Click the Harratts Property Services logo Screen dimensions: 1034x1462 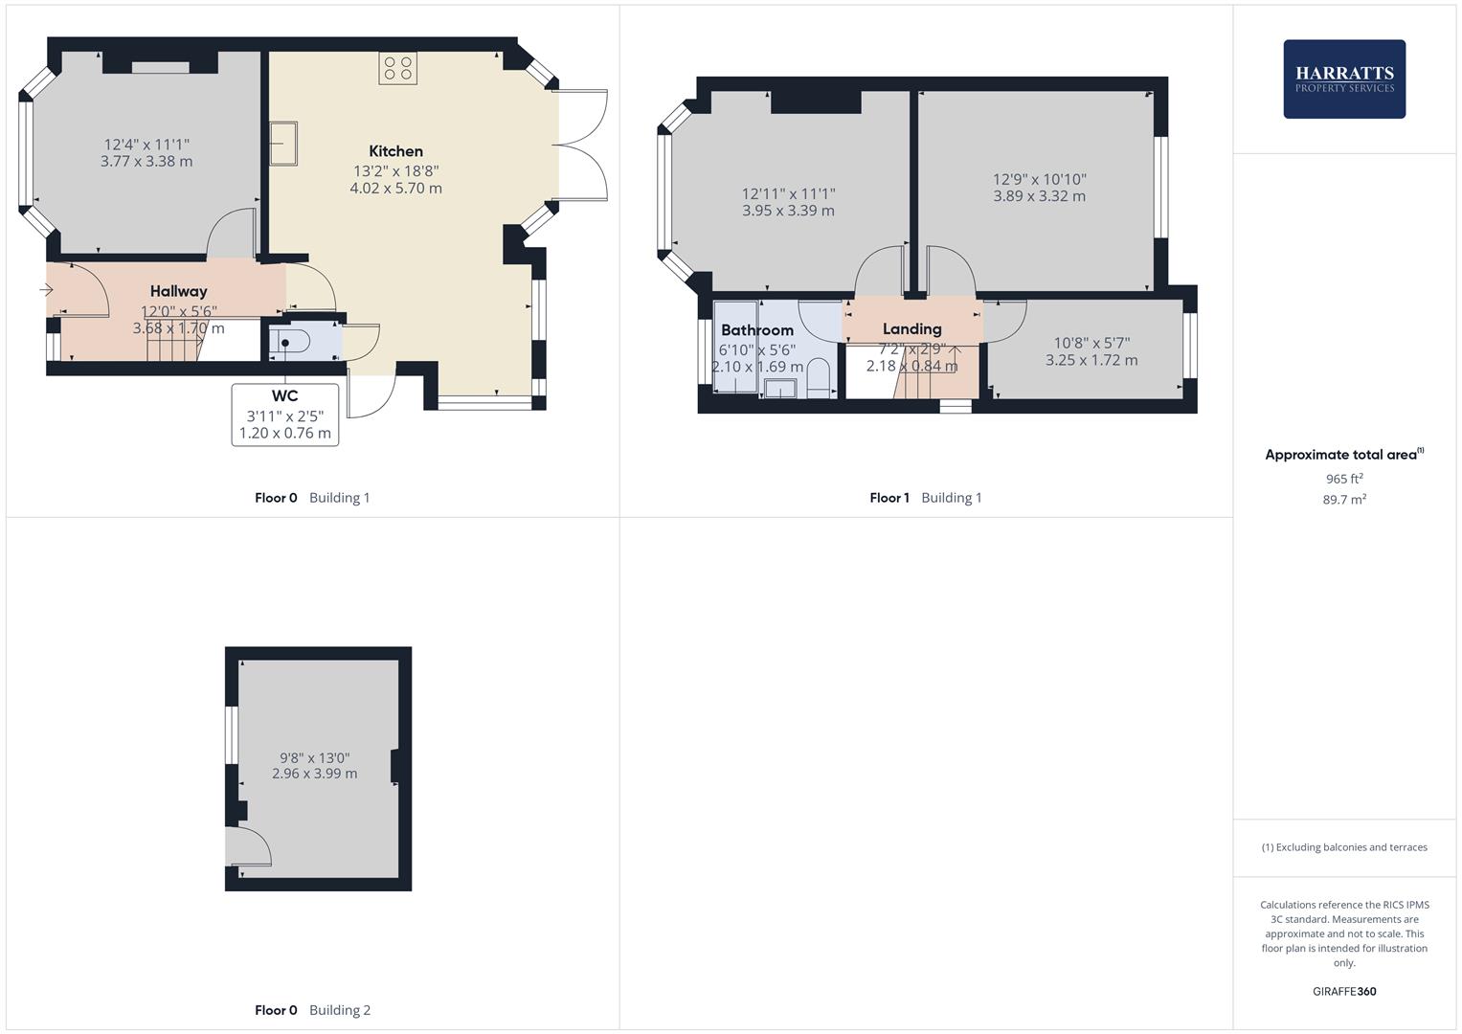pos(1343,79)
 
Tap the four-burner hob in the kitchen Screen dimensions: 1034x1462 pos(397,69)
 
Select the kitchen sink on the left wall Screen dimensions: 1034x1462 pos(282,144)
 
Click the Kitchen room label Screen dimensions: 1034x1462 pos(395,151)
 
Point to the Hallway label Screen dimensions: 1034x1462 pos(178,291)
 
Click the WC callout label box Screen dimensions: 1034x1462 pos(284,415)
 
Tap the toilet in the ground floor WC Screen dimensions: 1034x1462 pos(289,342)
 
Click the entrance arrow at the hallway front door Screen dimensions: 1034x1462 pos(46,290)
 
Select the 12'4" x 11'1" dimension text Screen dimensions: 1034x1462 pos(146,145)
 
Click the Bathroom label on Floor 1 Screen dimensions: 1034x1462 pos(756,330)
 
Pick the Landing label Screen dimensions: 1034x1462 pos(911,328)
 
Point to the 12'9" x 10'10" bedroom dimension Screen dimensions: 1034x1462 pos(1039,179)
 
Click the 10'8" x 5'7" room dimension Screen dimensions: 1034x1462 pos(1091,343)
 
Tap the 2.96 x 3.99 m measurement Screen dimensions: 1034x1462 pos(314,774)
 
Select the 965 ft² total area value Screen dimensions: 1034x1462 pos(1343,479)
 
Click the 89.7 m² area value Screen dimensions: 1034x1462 pos(1343,500)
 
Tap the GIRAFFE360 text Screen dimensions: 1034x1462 pos(1343,991)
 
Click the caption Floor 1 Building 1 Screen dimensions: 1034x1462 pos(925,498)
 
